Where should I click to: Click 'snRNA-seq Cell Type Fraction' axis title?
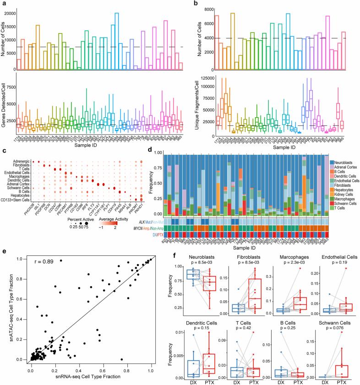pos(91,377)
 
